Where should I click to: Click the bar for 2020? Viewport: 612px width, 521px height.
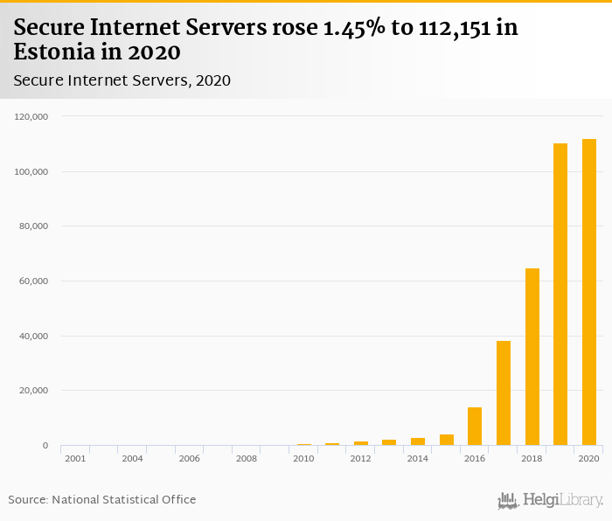point(588,293)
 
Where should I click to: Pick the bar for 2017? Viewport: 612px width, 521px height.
point(504,393)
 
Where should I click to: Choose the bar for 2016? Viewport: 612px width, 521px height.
point(475,427)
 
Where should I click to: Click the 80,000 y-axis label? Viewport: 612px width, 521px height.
point(33,226)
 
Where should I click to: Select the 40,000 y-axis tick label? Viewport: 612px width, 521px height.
point(33,337)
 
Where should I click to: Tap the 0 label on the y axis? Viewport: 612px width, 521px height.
point(45,446)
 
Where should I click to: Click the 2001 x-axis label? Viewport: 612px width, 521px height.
point(75,458)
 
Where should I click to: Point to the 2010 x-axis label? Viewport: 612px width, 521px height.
point(303,458)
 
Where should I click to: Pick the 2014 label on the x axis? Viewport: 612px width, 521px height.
point(418,458)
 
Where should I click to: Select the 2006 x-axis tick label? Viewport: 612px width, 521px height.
point(190,458)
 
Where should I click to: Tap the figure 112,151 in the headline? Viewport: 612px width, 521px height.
point(440,28)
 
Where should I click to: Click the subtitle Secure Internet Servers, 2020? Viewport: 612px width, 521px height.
point(122,80)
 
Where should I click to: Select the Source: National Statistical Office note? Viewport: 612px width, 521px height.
point(102,499)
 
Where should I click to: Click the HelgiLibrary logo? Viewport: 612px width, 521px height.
point(551,500)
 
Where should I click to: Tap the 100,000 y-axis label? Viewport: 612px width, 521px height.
point(31,171)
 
